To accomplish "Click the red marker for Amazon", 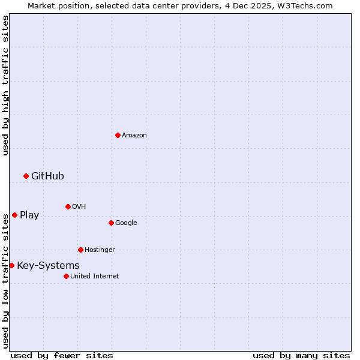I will (118, 135).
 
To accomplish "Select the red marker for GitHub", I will (26, 176).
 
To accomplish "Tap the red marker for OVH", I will (68, 206).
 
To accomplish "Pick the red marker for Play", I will (14, 215).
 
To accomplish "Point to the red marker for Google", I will (111, 223).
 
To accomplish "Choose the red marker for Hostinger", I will (80, 250).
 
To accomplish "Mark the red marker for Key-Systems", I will (11, 265).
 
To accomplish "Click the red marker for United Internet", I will (66, 276).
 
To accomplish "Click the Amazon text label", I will (134, 136).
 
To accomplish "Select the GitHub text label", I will (47, 176).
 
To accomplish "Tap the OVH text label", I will (79, 207).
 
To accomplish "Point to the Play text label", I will (29, 215).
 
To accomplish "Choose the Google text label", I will (126, 223).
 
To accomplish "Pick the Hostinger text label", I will (100, 250).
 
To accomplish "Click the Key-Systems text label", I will (48, 266).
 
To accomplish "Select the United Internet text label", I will (95, 277).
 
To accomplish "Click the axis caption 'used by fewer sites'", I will (62, 355).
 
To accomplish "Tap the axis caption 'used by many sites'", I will (301, 355).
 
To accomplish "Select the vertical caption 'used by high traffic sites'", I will (5, 85).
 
